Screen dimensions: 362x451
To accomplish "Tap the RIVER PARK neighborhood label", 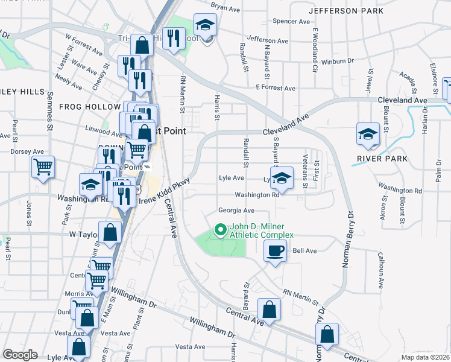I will point(382,159).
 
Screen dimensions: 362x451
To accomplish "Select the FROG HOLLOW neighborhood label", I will point(90,107).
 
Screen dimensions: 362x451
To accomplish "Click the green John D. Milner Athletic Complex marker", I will point(220,230).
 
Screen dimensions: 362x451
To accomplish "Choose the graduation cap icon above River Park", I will point(368,135).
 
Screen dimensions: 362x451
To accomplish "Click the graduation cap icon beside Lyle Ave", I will point(282,178).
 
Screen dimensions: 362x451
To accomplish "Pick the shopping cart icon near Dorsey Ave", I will point(43,166).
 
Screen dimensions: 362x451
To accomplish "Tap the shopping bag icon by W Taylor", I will point(110,232).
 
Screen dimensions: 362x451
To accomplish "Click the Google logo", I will point(20,355).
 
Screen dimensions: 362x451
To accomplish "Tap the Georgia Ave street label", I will point(236,211).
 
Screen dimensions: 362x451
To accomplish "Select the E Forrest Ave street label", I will point(275,88).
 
